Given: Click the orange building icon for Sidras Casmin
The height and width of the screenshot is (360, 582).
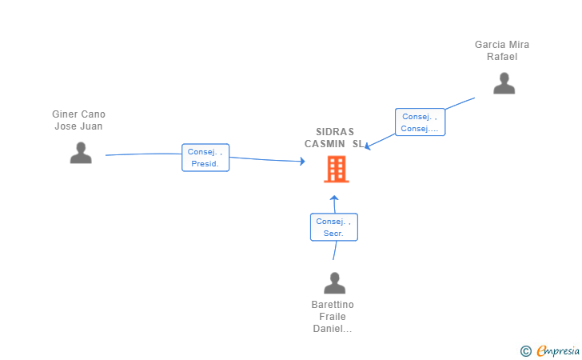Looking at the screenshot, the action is [337, 169].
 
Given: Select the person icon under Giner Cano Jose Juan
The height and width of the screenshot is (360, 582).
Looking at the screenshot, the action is [81, 153].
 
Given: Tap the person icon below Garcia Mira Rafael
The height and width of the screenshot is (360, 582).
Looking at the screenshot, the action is [504, 83].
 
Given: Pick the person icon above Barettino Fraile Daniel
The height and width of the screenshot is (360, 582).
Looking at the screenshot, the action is [334, 283].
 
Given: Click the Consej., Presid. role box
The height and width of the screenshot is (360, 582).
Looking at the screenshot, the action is [205, 158].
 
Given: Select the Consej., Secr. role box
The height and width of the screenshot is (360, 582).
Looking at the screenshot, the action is [334, 227].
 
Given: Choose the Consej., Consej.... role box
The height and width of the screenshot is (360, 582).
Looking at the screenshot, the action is [420, 122].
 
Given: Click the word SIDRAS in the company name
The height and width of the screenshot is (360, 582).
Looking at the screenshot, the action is [335, 132].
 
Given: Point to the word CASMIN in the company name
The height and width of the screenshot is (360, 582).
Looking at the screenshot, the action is [325, 144].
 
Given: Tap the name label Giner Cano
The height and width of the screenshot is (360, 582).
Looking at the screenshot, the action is [78, 114].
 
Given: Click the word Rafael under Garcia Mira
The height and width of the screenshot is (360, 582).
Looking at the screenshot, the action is [502, 57].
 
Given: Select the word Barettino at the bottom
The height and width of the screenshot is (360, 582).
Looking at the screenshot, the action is [333, 305].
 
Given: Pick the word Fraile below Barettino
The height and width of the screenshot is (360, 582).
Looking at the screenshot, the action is [333, 317].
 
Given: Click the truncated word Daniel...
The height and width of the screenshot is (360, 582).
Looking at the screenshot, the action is [333, 329].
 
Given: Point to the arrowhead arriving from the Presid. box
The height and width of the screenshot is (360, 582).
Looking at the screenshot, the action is [302, 162].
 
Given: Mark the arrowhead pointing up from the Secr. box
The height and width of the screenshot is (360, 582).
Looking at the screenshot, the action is [334, 198].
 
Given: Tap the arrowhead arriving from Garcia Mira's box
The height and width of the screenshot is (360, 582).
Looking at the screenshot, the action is [368, 146].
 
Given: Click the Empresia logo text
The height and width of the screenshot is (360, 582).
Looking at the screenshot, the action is [558, 350].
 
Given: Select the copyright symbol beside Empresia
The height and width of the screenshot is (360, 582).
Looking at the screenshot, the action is [526, 351].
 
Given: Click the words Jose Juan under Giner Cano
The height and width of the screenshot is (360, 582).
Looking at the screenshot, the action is [78, 126].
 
